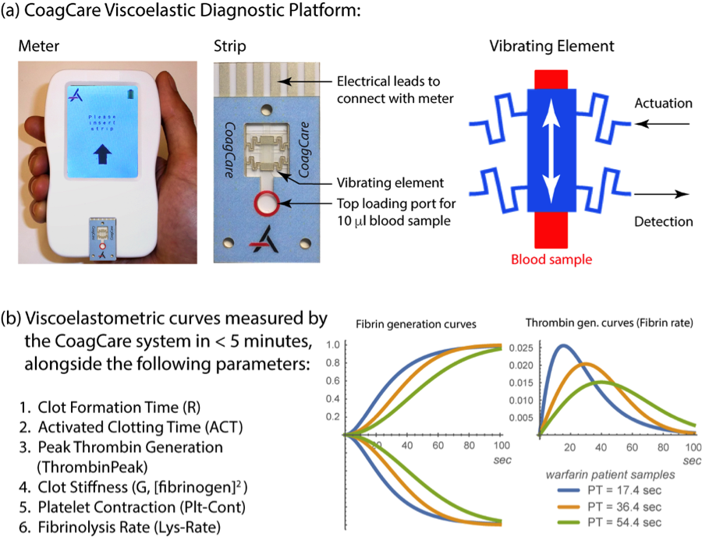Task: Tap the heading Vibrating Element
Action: click(551, 46)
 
